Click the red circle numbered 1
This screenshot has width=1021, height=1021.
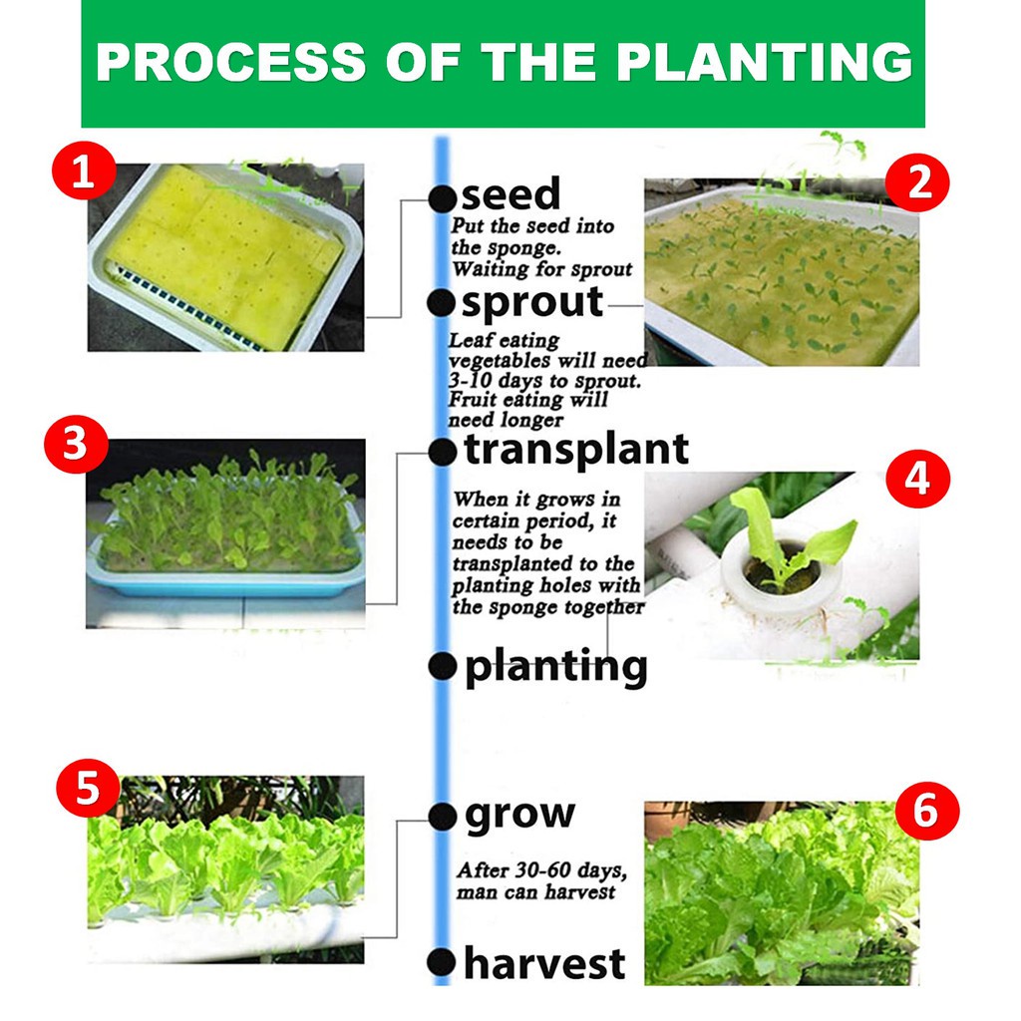pos(84,170)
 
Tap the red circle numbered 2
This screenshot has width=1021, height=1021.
pos(918,183)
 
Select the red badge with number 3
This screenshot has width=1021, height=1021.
pos(76,444)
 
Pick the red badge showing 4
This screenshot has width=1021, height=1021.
pos(918,479)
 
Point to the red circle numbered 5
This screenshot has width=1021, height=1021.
pos(88,788)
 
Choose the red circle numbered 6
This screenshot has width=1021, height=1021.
pos(927,811)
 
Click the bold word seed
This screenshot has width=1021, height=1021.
pos(510,193)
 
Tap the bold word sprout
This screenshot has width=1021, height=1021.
pos(532,303)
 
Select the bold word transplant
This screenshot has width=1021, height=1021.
pos(576,450)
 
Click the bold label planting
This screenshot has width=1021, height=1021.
pos(556,667)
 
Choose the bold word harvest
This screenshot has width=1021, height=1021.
pos(544,963)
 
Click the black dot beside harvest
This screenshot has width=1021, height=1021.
pos(442,963)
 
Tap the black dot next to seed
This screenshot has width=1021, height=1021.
pos(442,198)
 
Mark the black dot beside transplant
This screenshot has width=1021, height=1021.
pos(443,453)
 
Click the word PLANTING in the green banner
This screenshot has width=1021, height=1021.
pos(764,63)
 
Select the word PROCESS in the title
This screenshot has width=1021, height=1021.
pos(230,63)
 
